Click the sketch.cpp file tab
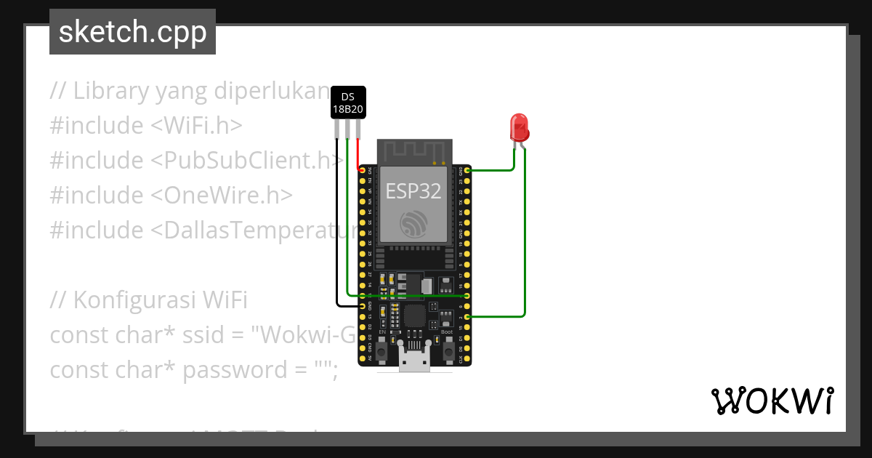tap(132, 32)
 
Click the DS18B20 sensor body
tap(348, 103)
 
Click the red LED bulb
tap(519, 126)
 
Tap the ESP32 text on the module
tap(413, 191)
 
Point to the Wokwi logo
tap(772, 401)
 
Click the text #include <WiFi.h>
tap(145, 126)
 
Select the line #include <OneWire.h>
tap(171, 196)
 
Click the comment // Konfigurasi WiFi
tap(149, 300)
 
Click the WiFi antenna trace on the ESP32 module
tap(414, 150)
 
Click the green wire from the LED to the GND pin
tap(501, 170)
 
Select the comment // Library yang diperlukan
tap(190, 91)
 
